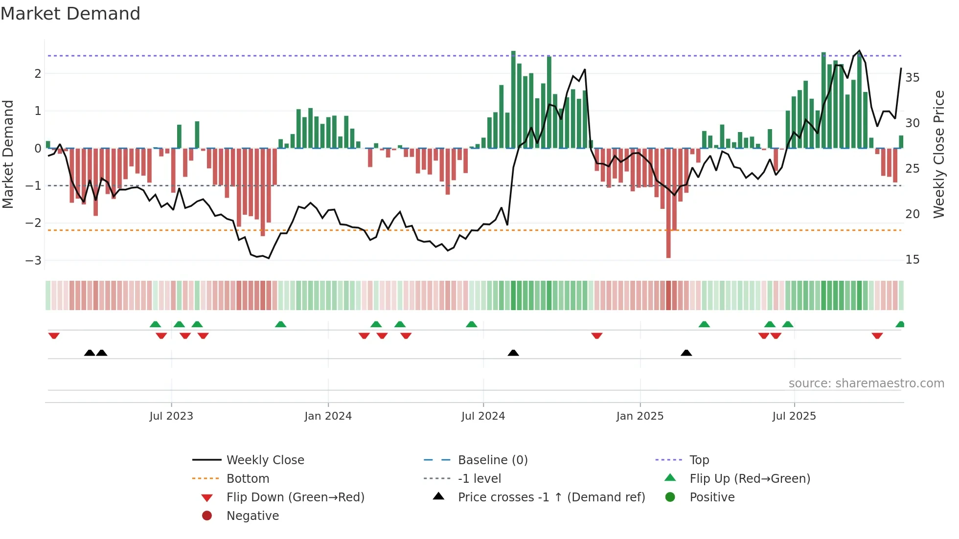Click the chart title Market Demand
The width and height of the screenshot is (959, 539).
70,14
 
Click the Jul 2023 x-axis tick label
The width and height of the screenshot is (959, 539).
171,416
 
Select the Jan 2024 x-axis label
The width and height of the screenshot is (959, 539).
328,416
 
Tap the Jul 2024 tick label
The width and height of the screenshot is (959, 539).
483,416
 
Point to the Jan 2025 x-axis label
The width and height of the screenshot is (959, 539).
639,416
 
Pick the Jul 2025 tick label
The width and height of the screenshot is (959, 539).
794,416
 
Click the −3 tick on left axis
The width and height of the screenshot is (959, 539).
33,260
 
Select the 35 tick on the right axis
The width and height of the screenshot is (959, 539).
912,78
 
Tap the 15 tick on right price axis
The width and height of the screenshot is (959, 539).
912,260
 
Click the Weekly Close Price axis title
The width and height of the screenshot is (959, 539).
938,154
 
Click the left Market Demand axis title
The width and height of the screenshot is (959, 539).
8,154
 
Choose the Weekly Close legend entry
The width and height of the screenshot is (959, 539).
265,460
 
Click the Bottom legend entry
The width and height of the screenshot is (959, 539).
248,479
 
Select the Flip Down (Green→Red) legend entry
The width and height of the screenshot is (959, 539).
295,497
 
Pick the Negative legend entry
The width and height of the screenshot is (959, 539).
252,516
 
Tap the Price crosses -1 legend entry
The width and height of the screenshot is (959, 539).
551,497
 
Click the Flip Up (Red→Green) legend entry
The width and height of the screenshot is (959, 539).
750,479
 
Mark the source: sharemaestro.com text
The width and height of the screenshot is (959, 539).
866,383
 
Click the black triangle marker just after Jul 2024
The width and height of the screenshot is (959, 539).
513,353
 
